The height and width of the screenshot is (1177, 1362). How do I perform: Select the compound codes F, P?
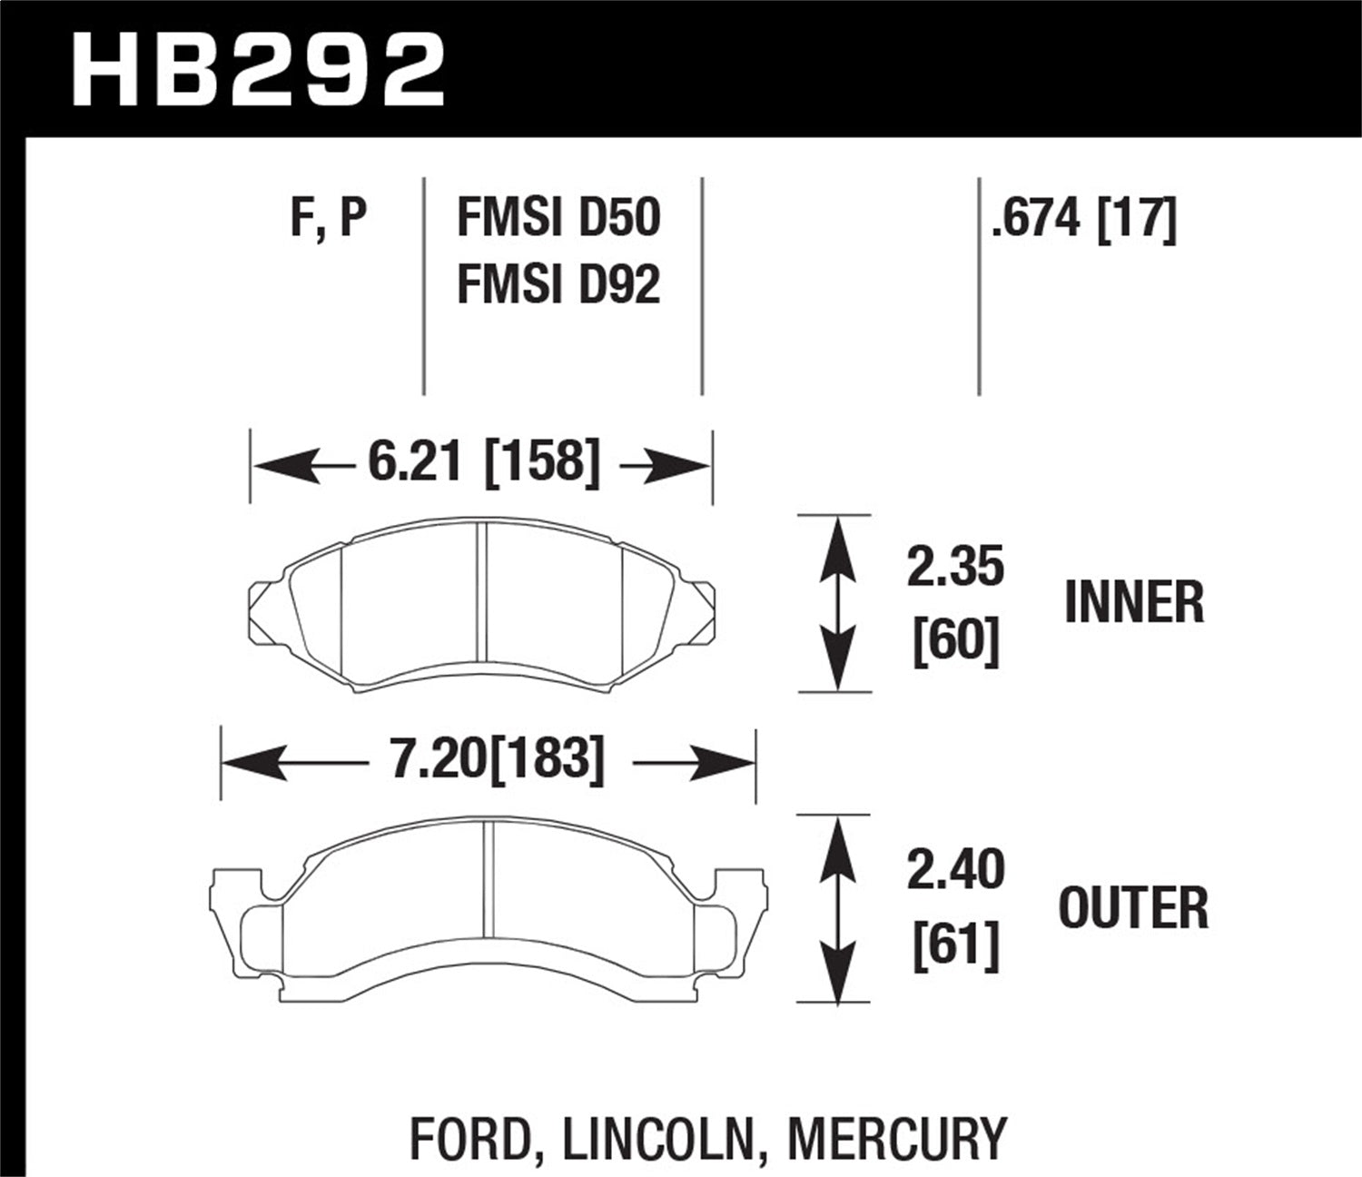pos(328,219)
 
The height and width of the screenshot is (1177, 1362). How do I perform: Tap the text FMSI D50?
pos(558,219)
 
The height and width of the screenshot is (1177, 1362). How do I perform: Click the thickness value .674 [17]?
pos(1083,219)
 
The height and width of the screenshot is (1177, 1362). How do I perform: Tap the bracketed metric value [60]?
pos(955,641)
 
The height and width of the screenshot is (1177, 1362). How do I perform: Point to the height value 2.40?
pos(955,868)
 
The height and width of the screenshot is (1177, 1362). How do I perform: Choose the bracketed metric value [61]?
pos(955,944)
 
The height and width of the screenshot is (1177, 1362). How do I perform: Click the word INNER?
pos(1134,603)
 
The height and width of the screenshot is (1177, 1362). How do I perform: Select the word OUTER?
pos(1134,907)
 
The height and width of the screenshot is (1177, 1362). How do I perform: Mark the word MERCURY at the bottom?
pos(897,1137)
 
